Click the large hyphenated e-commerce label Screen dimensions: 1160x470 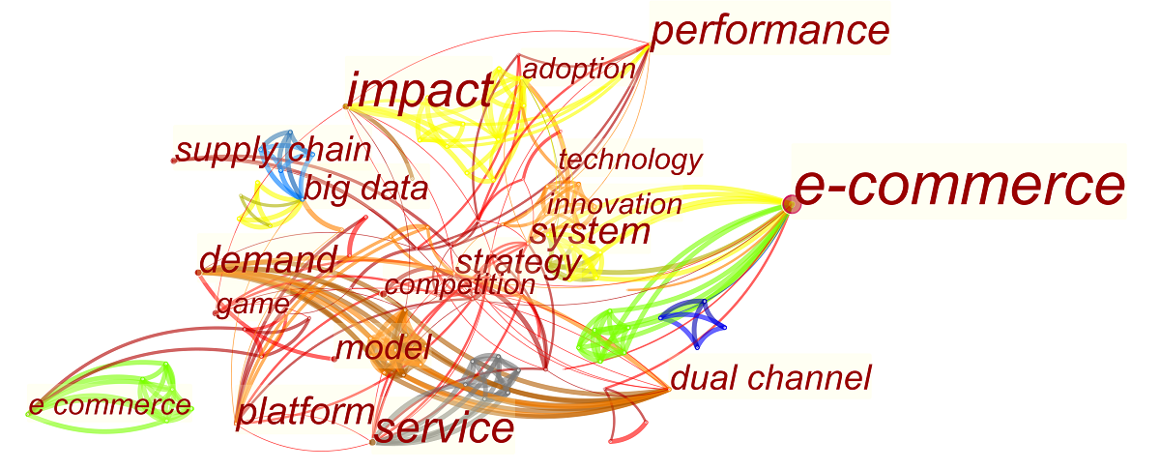959,187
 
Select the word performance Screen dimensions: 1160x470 769,31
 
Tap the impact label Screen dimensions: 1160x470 420,92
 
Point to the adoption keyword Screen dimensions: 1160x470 578,69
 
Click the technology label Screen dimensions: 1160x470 629,159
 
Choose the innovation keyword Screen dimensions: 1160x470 614,204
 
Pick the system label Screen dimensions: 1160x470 590,232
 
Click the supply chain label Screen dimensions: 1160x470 274,150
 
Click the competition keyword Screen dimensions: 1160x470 459,285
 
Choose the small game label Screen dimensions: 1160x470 252,306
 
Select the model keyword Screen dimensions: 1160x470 383,348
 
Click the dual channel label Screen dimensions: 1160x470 770,378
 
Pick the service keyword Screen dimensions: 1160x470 444,428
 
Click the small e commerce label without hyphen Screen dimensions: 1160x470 109,405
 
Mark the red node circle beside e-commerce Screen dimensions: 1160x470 790,203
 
